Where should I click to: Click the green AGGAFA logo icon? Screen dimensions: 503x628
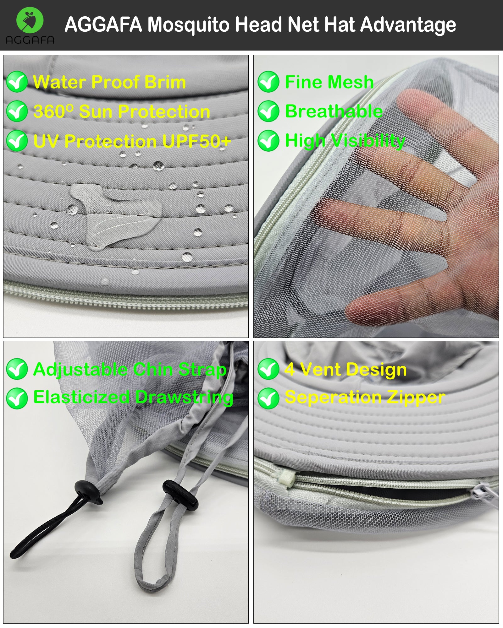pos(30,20)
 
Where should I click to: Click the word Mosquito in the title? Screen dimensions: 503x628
pos(188,25)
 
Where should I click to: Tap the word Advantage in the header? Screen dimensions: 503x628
pos(408,25)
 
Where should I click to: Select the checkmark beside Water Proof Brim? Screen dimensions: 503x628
pos(17,82)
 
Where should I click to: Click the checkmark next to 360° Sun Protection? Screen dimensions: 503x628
pos(17,111)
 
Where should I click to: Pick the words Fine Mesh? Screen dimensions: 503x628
pos(329,82)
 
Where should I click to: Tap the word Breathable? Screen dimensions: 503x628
pos(334,111)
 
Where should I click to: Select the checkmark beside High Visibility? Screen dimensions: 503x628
pos(268,141)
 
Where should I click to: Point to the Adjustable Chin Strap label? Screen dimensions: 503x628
pos(130,370)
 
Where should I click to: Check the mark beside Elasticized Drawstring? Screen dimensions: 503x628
pos(17,398)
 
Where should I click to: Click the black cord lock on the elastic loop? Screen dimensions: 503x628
pos(89,492)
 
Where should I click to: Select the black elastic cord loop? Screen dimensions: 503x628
pos(47,528)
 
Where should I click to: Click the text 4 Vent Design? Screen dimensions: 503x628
pos(345,370)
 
